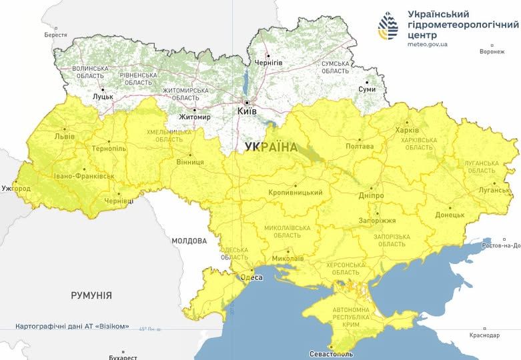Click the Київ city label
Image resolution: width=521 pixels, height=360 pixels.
pyautogui.click(x=247, y=112)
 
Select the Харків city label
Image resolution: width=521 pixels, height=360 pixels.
pyautogui.click(x=407, y=130)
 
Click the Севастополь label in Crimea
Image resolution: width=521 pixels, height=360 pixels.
pyautogui.click(x=331, y=353)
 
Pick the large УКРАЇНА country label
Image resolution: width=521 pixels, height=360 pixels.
pyautogui.click(x=271, y=147)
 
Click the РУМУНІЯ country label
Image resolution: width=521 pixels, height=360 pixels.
pyautogui.click(x=91, y=295)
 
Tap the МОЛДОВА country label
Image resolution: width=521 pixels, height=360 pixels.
pyautogui.click(x=189, y=241)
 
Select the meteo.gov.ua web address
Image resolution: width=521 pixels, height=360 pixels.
pyautogui.click(x=428, y=44)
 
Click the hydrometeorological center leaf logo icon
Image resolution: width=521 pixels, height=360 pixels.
pyautogui.click(x=388, y=27)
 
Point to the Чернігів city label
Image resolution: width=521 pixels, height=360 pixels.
pyautogui.click(x=268, y=63)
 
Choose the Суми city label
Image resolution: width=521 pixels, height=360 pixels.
pyautogui.click(x=367, y=89)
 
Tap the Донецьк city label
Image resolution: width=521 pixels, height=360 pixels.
pyautogui.click(x=450, y=215)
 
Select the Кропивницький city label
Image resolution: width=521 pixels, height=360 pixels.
pyautogui.click(x=295, y=193)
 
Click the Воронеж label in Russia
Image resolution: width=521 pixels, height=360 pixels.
pyautogui.click(x=492, y=51)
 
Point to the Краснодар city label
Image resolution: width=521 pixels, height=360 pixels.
pyautogui.click(x=484, y=335)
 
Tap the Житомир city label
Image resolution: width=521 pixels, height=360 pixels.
pyautogui.click(x=195, y=117)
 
